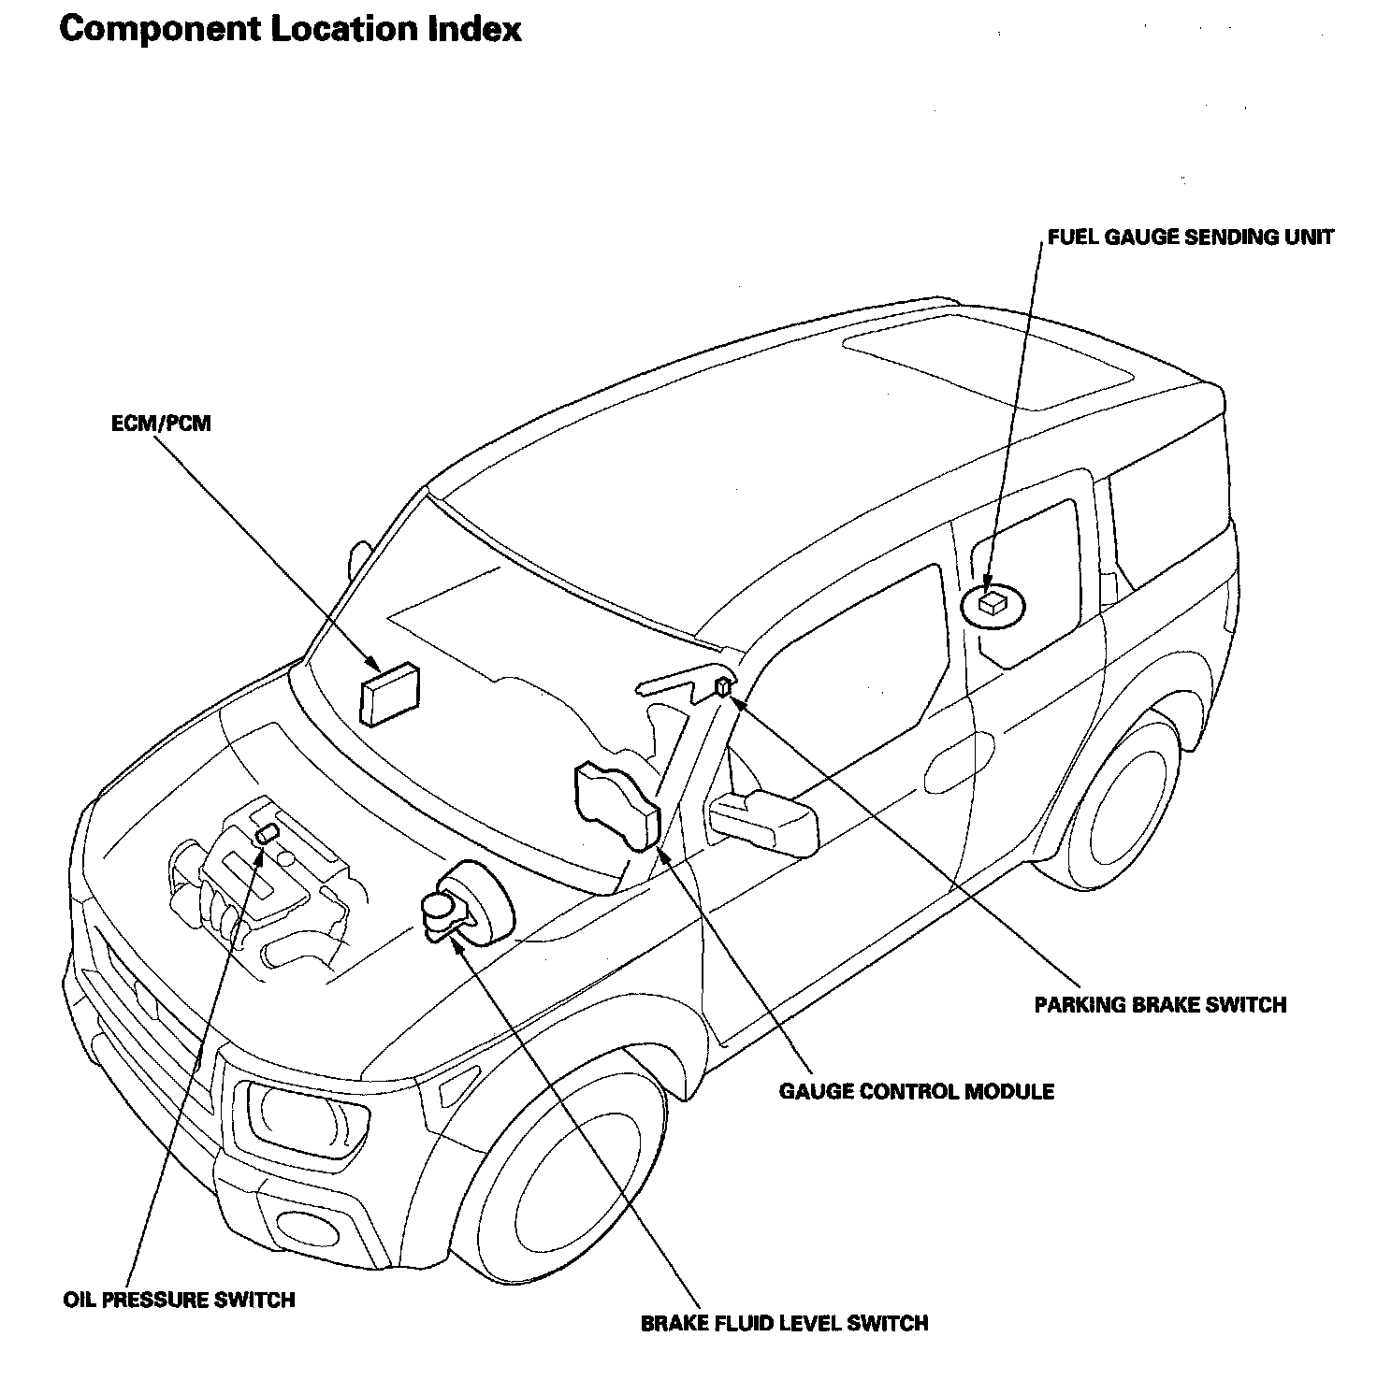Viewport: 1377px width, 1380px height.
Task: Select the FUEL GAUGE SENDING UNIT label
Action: (1191, 237)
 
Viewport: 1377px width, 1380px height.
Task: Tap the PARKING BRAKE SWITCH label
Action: (1160, 1005)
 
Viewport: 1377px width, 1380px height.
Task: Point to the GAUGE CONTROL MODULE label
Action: (917, 1091)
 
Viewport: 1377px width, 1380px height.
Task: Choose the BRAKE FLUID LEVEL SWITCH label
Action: (785, 1323)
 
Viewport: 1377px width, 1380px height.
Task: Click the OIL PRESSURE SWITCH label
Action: (179, 1300)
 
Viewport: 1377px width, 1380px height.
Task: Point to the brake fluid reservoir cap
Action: (437, 905)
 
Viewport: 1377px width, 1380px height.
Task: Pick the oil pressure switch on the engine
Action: (268, 834)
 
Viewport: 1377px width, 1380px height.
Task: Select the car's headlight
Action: (300, 1111)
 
